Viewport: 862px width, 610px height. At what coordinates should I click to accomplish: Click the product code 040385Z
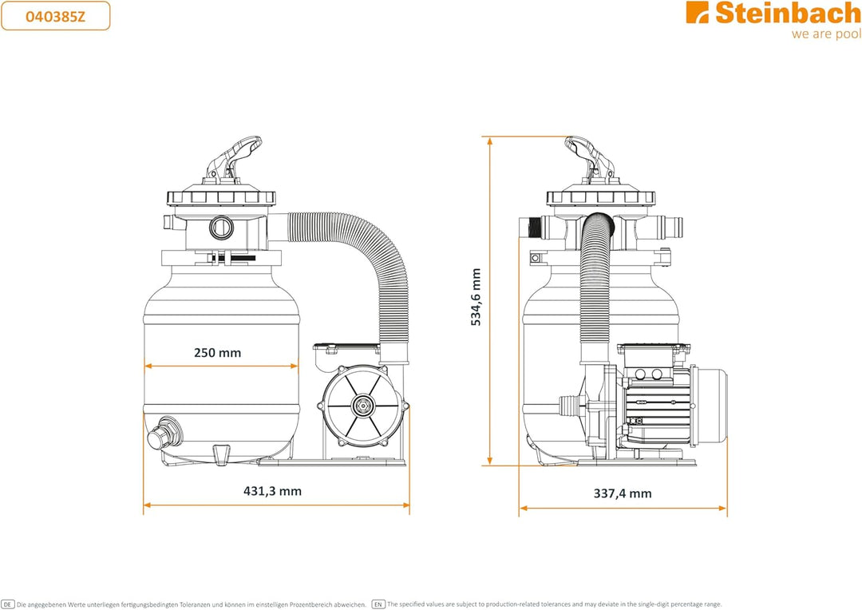(x=56, y=16)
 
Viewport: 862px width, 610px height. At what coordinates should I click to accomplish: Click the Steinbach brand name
(x=788, y=13)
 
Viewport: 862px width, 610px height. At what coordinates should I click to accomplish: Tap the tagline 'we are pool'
(x=826, y=34)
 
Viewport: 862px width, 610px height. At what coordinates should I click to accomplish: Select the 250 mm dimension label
(x=218, y=353)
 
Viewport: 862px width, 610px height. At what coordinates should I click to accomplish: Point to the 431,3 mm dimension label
(x=273, y=491)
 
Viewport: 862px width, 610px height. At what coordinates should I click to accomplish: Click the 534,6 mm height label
(x=476, y=297)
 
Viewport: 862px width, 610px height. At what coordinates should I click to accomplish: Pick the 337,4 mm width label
(x=623, y=493)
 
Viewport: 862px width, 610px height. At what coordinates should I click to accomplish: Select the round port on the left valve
(x=222, y=228)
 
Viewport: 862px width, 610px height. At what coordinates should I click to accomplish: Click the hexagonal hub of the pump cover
(x=363, y=406)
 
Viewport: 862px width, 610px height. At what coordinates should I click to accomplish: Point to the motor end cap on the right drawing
(x=711, y=406)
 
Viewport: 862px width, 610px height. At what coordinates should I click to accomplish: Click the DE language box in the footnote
(x=7, y=604)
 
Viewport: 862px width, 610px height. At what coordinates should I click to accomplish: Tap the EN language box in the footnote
(x=378, y=604)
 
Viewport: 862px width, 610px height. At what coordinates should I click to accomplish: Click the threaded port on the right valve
(x=532, y=228)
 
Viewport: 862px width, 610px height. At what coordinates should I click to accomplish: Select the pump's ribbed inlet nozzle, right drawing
(x=570, y=406)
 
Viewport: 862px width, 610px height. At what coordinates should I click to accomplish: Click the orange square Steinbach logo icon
(x=698, y=12)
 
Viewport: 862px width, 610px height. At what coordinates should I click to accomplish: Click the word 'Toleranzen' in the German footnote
(x=194, y=604)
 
